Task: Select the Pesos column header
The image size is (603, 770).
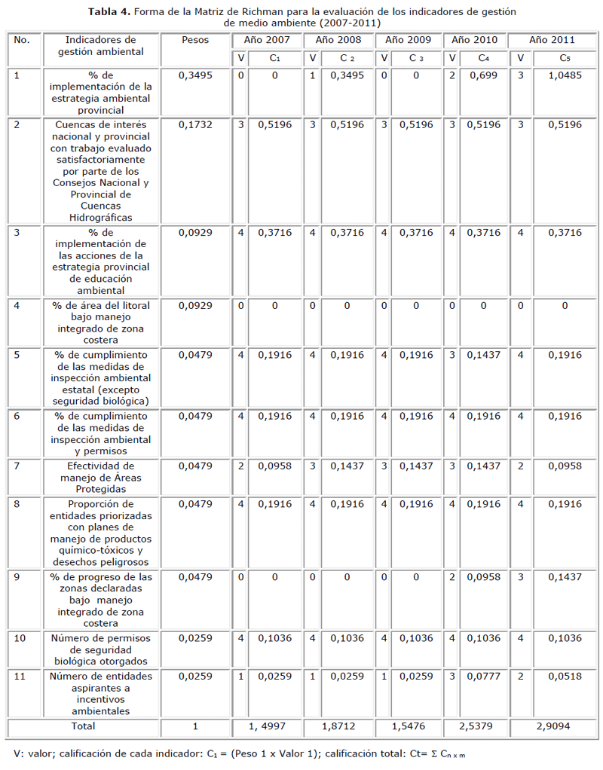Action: [x=195, y=40]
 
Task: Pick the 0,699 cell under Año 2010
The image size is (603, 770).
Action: [x=483, y=75]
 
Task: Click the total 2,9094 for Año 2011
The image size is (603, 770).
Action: [x=554, y=726]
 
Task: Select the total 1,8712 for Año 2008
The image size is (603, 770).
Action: [x=339, y=726]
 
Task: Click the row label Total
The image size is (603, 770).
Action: [x=82, y=726]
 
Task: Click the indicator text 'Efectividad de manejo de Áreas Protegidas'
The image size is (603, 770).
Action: [x=99, y=478]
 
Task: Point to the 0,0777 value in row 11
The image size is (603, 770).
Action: [x=483, y=677]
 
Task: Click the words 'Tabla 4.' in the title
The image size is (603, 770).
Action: [x=110, y=11]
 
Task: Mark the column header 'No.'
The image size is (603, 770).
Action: [x=22, y=40]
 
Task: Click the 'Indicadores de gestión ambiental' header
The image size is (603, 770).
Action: [x=100, y=46]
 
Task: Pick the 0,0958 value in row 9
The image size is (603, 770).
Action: [x=483, y=577]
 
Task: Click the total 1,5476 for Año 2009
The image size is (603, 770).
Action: [x=408, y=726]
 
